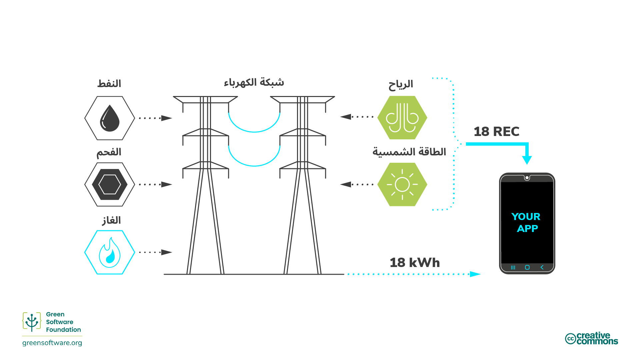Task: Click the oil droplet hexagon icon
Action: pyautogui.click(x=110, y=118)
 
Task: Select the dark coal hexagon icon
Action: pyautogui.click(x=110, y=184)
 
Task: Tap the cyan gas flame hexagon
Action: pyautogui.click(x=110, y=252)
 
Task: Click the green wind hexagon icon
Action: pyautogui.click(x=402, y=118)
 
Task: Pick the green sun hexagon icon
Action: pyautogui.click(x=402, y=184)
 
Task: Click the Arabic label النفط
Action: pyautogui.click(x=109, y=83)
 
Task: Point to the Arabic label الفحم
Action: pyautogui.click(x=109, y=152)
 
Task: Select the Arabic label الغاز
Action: pyautogui.click(x=111, y=220)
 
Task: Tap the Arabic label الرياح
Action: pyautogui.click(x=401, y=84)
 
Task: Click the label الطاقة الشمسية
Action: pyautogui.click(x=409, y=152)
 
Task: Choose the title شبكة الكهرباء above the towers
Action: pyautogui.click(x=254, y=82)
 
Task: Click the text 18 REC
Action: pyautogui.click(x=496, y=131)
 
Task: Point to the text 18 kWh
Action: pyautogui.click(x=415, y=263)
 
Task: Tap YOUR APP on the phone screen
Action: pyautogui.click(x=526, y=222)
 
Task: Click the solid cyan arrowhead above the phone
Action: pyautogui.click(x=527, y=160)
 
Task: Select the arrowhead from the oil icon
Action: pyautogui.click(x=166, y=118)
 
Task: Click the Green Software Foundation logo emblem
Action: pyautogui.click(x=32, y=322)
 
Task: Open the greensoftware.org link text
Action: pyautogui.click(x=52, y=343)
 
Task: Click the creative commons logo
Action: pyautogui.click(x=591, y=338)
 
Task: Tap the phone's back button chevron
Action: pyautogui.click(x=542, y=267)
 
